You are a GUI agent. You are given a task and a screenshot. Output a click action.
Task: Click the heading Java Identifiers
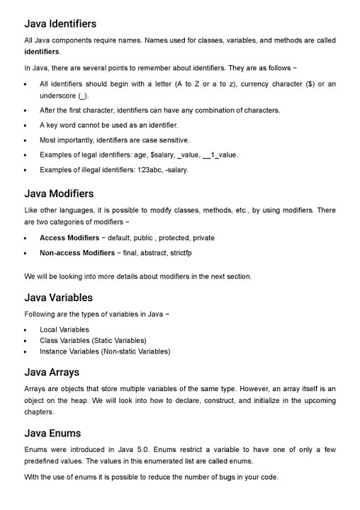pyautogui.click(x=60, y=23)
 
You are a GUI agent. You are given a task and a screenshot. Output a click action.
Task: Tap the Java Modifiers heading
pyautogui.click(x=59, y=193)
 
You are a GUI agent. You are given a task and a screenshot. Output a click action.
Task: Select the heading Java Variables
pyautogui.click(x=58, y=297)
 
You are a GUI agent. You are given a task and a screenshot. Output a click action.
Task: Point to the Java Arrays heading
pyautogui.click(x=52, y=372)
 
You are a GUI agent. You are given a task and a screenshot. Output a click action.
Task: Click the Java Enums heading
pyautogui.click(x=52, y=433)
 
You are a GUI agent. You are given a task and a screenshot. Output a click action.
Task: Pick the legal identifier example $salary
pyautogui.click(x=162, y=154)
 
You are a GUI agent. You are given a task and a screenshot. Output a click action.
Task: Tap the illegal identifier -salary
pyautogui.click(x=174, y=169)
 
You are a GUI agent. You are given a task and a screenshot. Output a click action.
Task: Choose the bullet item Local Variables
pyautogui.click(x=64, y=329)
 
